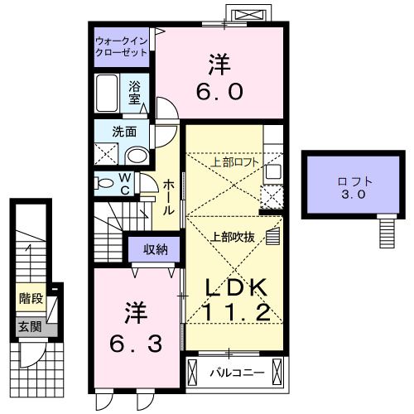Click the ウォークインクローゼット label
122,45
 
